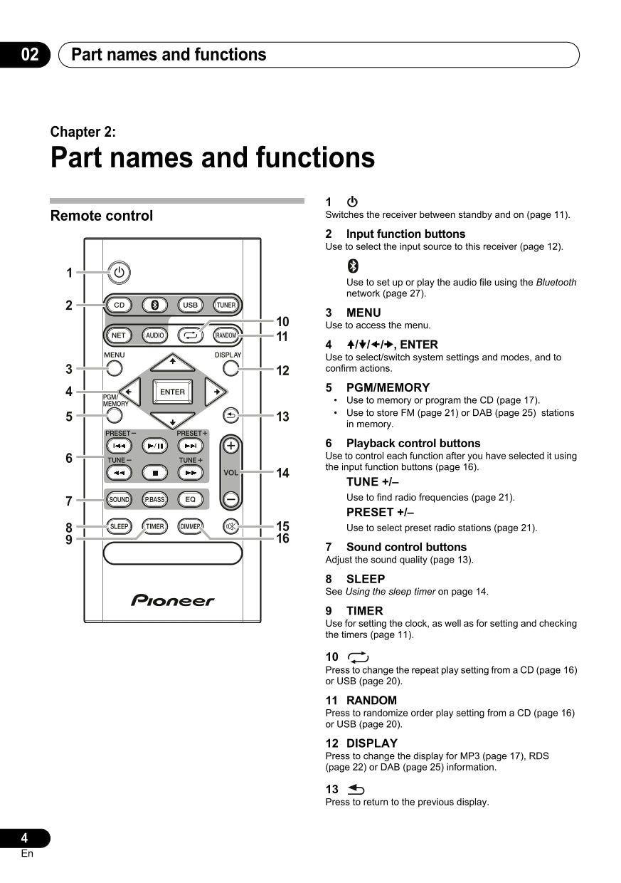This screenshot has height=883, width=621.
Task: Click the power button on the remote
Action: point(119,272)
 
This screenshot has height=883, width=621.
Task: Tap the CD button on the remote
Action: point(119,305)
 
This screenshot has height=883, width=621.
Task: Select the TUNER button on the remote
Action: point(226,305)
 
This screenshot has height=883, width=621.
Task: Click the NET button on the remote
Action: point(119,335)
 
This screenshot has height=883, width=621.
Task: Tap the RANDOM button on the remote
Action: point(226,335)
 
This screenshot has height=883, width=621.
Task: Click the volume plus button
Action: point(230,446)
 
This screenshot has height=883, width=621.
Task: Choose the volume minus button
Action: point(230,499)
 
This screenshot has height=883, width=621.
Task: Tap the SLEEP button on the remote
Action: point(119,527)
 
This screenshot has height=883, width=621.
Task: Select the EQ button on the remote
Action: point(190,499)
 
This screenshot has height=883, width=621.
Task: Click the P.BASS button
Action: point(154,499)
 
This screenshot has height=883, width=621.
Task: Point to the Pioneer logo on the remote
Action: point(172,601)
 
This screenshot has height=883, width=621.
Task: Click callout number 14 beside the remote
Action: point(283,473)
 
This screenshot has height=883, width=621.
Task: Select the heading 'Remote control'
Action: point(102,216)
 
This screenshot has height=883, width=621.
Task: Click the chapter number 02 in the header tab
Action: point(29,55)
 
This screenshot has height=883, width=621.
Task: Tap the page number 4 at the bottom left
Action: point(24,838)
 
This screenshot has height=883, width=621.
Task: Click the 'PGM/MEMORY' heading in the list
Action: point(388,387)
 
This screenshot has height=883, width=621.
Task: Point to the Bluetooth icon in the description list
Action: point(353,266)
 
